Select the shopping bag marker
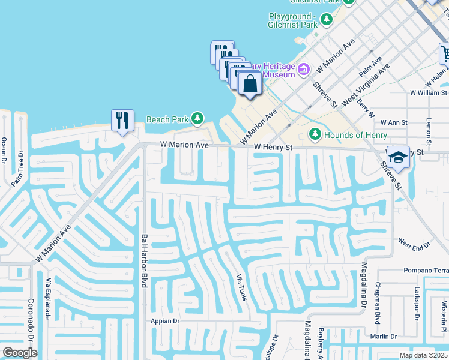pyautogui.click(x=250, y=83)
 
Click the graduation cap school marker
pyautogui.click(x=397, y=157)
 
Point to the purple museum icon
pyautogui.click(x=304, y=70)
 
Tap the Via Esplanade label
pyautogui.click(x=47, y=299)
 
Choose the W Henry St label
pyautogui.click(x=273, y=146)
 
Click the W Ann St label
pyautogui.click(x=394, y=122)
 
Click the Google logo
pyautogui.click(x=20, y=353)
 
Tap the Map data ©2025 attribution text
pyautogui.click(x=424, y=355)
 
